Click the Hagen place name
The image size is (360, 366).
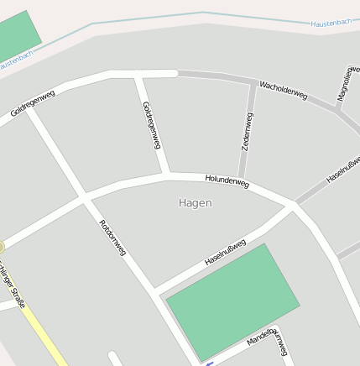click(x=196, y=203)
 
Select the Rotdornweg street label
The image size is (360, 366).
click(x=112, y=237)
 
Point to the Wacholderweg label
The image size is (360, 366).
click(x=283, y=90)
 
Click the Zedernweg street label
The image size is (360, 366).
click(x=247, y=131)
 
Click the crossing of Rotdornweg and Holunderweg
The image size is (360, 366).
click(x=83, y=199)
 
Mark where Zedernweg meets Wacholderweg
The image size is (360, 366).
click(x=253, y=83)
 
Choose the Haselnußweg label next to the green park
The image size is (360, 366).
click(x=225, y=253)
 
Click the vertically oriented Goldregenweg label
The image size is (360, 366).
click(x=152, y=126)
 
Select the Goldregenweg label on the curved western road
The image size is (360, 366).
click(x=33, y=104)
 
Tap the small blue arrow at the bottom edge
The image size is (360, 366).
click(x=209, y=363)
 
